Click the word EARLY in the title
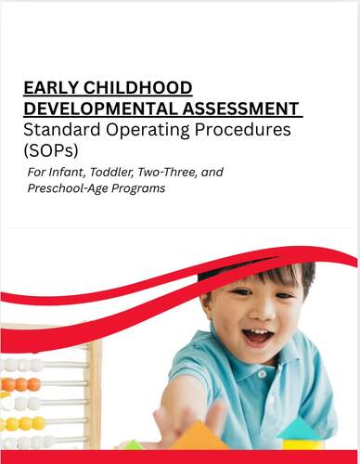point(51,88)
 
